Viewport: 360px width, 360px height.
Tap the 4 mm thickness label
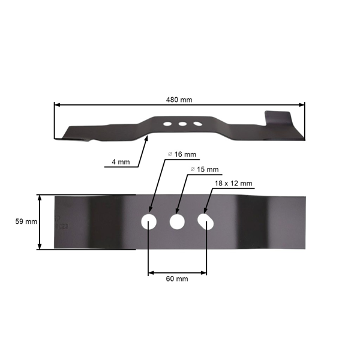(120, 162)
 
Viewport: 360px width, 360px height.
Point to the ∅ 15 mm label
(204, 170)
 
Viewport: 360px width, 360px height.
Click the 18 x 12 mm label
(233, 183)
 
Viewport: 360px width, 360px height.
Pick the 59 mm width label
(26, 221)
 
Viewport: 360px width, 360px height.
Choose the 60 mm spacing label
(178, 279)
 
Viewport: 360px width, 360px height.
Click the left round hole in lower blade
(148, 221)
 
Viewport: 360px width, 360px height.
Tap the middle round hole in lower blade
(177, 221)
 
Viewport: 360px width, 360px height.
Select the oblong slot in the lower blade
(206, 222)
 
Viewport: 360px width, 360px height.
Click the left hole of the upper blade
(166, 124)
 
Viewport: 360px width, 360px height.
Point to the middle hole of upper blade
(181, 124)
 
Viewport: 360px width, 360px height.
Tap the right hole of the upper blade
(195, 124)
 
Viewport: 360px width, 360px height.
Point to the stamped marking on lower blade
(62, 225)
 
